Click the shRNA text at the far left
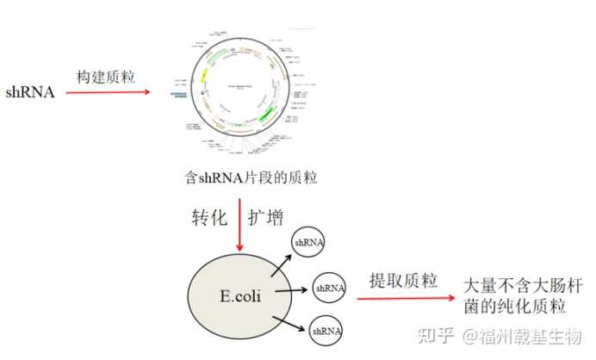[x=31, y=91]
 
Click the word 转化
[x=208, y=214]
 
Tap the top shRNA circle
[x=308, y=243]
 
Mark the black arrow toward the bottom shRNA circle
[x=289, y=324]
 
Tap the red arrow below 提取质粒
[x=405, y=299]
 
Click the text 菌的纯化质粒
[x=514, y=307]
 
